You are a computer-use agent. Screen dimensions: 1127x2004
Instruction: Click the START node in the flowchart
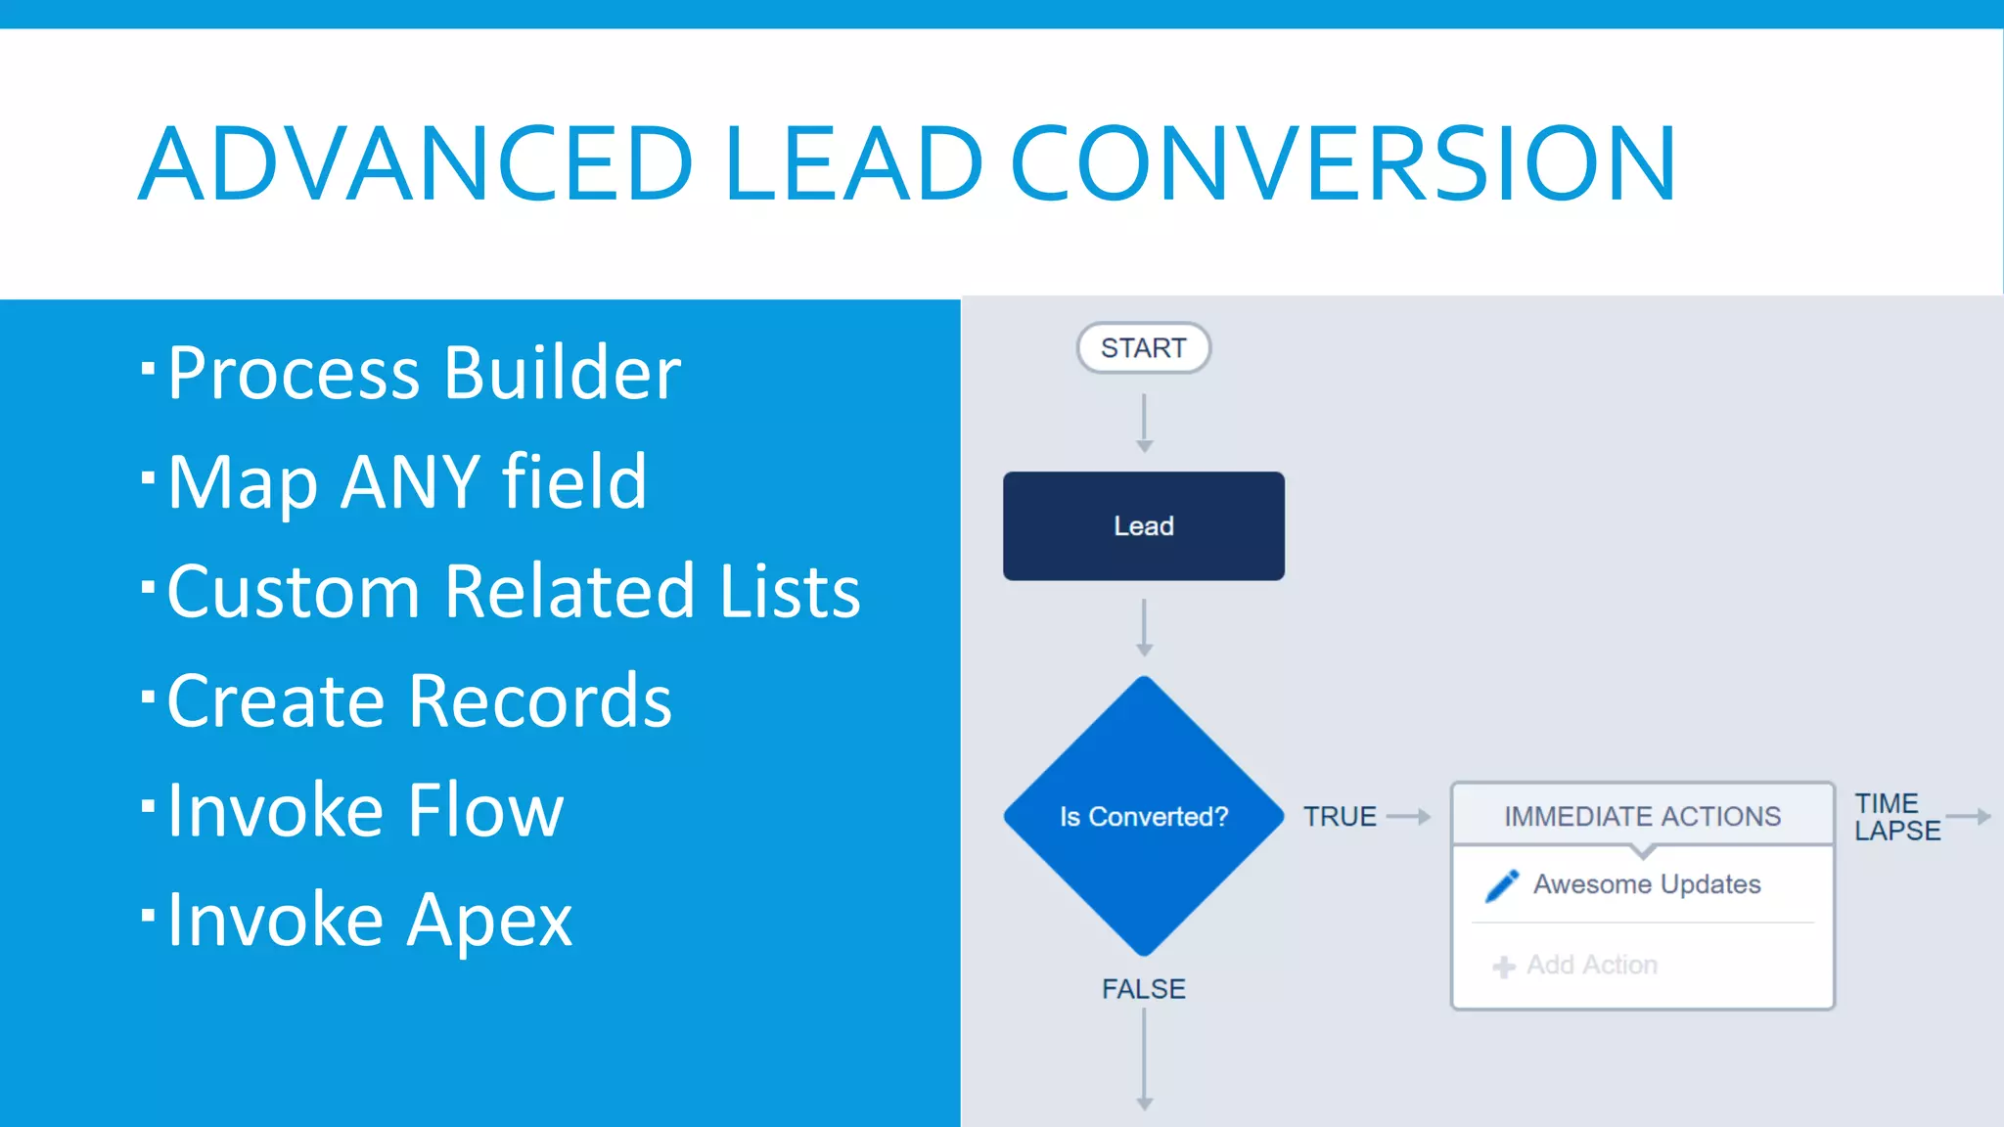pos(1143,348)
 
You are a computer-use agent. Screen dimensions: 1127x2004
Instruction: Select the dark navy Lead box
pos(1143,526)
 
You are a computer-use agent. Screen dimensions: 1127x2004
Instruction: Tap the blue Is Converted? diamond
pos(1143,816)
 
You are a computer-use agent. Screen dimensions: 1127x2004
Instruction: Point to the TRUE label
pos(1340,816)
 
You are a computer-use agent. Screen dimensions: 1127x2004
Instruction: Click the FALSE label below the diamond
pos(1143,989)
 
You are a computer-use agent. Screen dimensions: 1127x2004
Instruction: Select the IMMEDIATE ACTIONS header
pos(1642,816)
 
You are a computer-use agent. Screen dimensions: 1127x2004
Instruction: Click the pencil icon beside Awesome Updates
pos(1502,885)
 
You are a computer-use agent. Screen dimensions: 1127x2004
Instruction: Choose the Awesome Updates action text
pos(1647,884)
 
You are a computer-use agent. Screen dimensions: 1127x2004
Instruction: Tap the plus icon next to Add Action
pos(1504,967)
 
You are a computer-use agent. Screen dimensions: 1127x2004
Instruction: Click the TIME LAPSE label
pos(1895,817)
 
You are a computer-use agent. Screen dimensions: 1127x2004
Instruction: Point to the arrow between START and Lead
pos(1144,423)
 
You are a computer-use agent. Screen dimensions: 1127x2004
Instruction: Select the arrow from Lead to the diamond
pos(1144,627)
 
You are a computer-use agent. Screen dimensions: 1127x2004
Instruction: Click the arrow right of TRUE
pos(1409,816)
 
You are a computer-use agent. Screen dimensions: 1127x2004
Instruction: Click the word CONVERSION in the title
pos(1344,163)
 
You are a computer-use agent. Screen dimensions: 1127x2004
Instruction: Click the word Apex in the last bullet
pos(489,921)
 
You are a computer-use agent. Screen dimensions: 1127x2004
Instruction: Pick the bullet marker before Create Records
pos(148,697)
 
